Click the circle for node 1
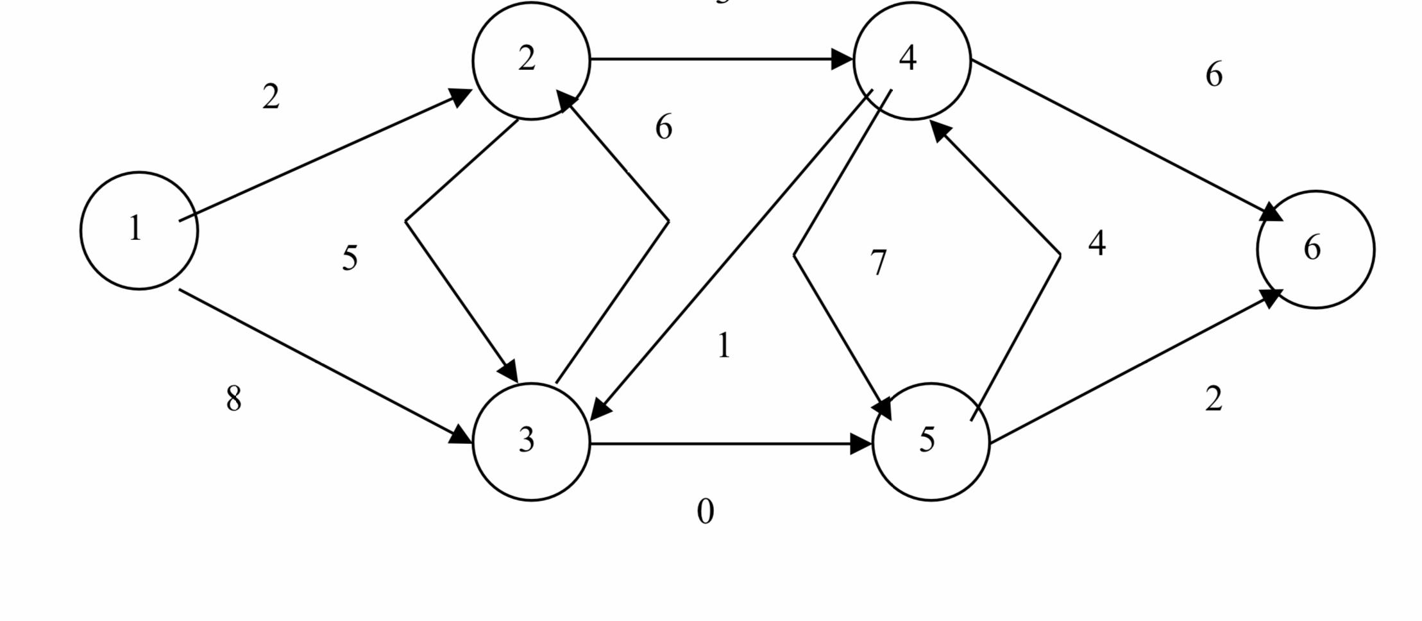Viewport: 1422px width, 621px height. click(x=139, y=230)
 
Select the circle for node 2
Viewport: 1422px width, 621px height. click(x=531, y=60)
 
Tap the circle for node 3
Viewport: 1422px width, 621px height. click(x=531, y=441)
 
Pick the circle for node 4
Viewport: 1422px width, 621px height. click(x=912, y=60)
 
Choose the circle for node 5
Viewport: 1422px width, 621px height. click(x=931, y=441)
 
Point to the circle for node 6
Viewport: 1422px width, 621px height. click(x=1316, y=249)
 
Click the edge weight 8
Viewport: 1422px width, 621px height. click(x=234, y=399)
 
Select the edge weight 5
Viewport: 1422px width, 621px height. click(x=350, y=259)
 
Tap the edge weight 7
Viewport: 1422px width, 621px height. click(x=879, y=263)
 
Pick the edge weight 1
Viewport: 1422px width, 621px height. click(x=724, y=346)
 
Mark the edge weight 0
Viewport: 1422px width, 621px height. click(x=705, y=512)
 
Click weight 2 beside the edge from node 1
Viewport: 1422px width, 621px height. click(x=271, y=98)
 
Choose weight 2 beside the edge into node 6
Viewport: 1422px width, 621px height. click(x=1214, y=400)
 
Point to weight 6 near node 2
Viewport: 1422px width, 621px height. click(x=664, y=127)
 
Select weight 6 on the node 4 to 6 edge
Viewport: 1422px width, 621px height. click(x=1214, y=75)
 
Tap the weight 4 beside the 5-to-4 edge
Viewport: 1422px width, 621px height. click(x=1097, y=244)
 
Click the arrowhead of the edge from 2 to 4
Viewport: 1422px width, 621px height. click(x=842, y=60)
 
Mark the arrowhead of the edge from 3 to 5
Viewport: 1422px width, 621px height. click(x=861, y=443)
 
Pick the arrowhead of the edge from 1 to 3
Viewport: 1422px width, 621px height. click(x=461, y=436)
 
